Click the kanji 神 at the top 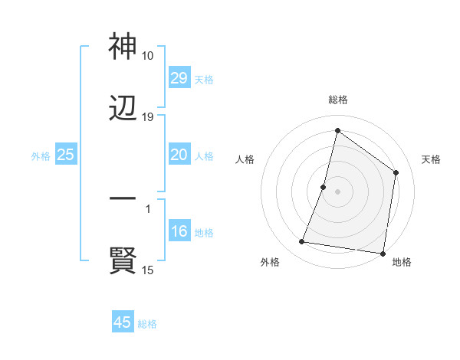click(123, 47)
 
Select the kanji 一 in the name click(123, 200)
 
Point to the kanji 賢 click(123, 261)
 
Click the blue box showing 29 click(179, 78)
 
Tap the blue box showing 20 click(179, 155)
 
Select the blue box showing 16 click(179, 232)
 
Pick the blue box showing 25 click(66, 155)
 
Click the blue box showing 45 click(123, 322)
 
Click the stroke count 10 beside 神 click(148, 56)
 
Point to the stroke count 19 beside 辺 click(148, 117)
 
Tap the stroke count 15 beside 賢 click(148, 270)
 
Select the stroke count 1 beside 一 click(148, 208)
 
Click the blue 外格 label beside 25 click(41, 155)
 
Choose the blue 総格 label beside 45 click(147, 323)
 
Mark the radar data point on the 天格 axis click(396, 172)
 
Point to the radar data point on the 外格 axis click(301, 242)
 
